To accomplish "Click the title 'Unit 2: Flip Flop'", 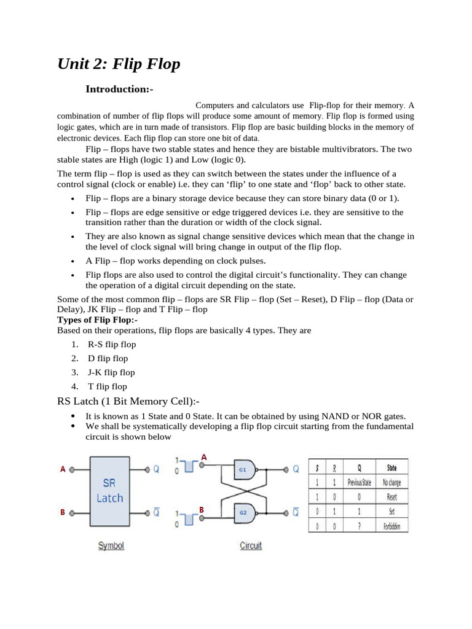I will point(119,64).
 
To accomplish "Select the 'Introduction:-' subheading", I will point(119,89).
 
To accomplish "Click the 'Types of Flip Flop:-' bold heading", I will point(97,320).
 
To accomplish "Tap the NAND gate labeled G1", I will point(245,469).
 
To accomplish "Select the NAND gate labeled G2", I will point(245,512).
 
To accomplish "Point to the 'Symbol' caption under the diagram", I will point(111,545).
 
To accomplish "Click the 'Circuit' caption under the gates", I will point(251,545).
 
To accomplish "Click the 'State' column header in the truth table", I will point(391,468).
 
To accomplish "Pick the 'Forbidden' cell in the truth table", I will point(391,526).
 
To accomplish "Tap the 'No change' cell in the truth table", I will point(391,483).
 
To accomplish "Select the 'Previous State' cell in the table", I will point(360,483).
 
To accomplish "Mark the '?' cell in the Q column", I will point(360,526).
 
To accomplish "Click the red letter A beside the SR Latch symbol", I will point(63,469).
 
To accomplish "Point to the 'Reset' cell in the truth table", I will point(391,497).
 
